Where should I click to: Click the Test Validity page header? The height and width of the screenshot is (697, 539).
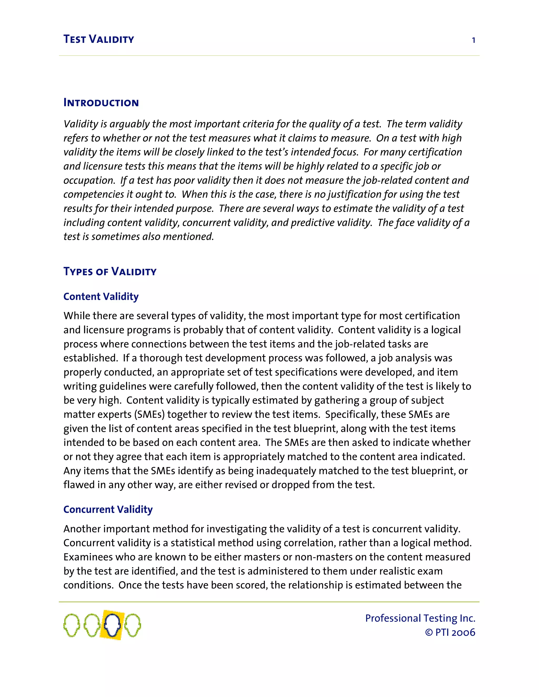(x=99, y=39)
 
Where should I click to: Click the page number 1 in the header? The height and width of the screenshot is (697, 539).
(x=473, y=40)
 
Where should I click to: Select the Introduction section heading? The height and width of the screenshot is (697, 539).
(x=101, y=103)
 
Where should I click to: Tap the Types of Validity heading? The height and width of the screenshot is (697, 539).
(x=110, y=272)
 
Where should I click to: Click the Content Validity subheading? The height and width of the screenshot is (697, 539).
(x=101, y=296)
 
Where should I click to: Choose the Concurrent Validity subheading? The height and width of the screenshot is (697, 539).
(x=108, y=509)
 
